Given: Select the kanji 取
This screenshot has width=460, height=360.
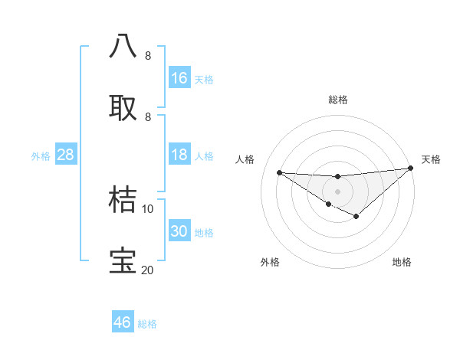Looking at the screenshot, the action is point(123,107).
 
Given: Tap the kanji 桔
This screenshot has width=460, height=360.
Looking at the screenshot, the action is point(123,199).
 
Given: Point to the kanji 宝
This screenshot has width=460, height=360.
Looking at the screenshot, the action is point(123,261).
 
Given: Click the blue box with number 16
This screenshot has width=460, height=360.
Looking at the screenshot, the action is point(179,78).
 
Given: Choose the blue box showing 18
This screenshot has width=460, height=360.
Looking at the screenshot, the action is point(179,155).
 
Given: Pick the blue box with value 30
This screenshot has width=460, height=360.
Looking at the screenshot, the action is point(179,231).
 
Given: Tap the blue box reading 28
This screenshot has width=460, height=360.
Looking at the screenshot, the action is point(65,155).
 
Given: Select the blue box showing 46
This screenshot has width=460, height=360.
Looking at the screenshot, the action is point(122,322).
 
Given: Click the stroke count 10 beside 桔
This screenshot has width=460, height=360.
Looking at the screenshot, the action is point(148,209).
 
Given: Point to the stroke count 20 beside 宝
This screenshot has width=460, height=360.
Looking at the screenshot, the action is point(147,270).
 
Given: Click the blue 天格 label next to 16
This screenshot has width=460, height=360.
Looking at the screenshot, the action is point(204,80).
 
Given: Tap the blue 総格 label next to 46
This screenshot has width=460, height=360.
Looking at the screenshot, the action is point(147,324).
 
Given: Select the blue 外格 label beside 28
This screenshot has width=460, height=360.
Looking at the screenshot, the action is point(41,156).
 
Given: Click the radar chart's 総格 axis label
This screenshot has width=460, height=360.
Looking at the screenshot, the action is point(338,100).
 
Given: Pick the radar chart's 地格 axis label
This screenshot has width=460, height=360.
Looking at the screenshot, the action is point(402,262).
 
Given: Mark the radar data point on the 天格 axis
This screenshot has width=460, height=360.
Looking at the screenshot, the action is point(411,168).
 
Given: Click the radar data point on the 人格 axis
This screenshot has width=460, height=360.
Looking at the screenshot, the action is point(279,172).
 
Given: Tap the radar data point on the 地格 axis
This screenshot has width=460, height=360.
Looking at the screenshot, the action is point(356,217).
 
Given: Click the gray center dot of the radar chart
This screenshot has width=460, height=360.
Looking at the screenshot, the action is point(338,191).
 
